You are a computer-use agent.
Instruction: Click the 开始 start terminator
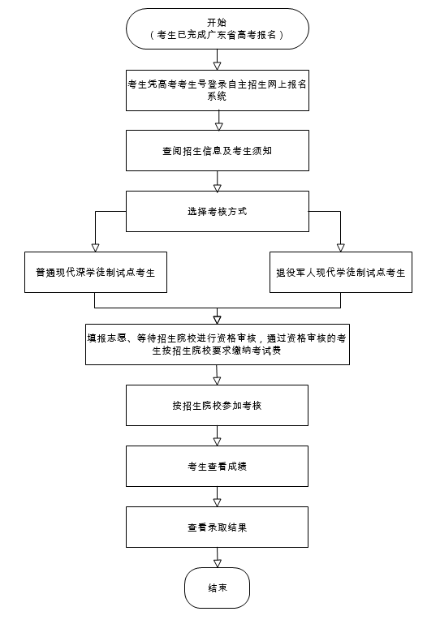(218, 29)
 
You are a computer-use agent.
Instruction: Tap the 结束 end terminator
(218, 588)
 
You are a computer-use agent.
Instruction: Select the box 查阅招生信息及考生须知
(218, 151)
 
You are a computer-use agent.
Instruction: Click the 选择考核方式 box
(218, 211)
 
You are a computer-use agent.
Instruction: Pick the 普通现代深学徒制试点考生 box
(96, 273)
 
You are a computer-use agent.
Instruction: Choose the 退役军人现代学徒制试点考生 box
(341, 273)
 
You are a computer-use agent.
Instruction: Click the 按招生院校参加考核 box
(217, 405)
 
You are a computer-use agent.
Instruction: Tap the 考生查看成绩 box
(217, 466)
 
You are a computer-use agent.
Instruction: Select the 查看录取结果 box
(217, 527)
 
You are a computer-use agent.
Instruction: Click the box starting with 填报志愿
(218, 344)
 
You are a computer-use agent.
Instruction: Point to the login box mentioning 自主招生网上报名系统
(218, 90)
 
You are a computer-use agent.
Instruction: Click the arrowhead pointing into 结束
(218, 563)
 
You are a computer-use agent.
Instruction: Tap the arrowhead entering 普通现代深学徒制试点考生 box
(95, 248)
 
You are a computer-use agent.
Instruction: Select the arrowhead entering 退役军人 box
(340, 248)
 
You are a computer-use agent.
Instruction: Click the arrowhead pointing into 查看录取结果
(218, 502)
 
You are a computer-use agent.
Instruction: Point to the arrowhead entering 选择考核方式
(218, 187)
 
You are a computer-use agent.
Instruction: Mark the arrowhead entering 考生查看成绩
(218, 441)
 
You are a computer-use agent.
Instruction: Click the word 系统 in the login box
(217, 96)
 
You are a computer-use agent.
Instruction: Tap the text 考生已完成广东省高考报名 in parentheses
(217, 35)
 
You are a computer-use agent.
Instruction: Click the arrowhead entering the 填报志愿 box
(217, 320)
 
